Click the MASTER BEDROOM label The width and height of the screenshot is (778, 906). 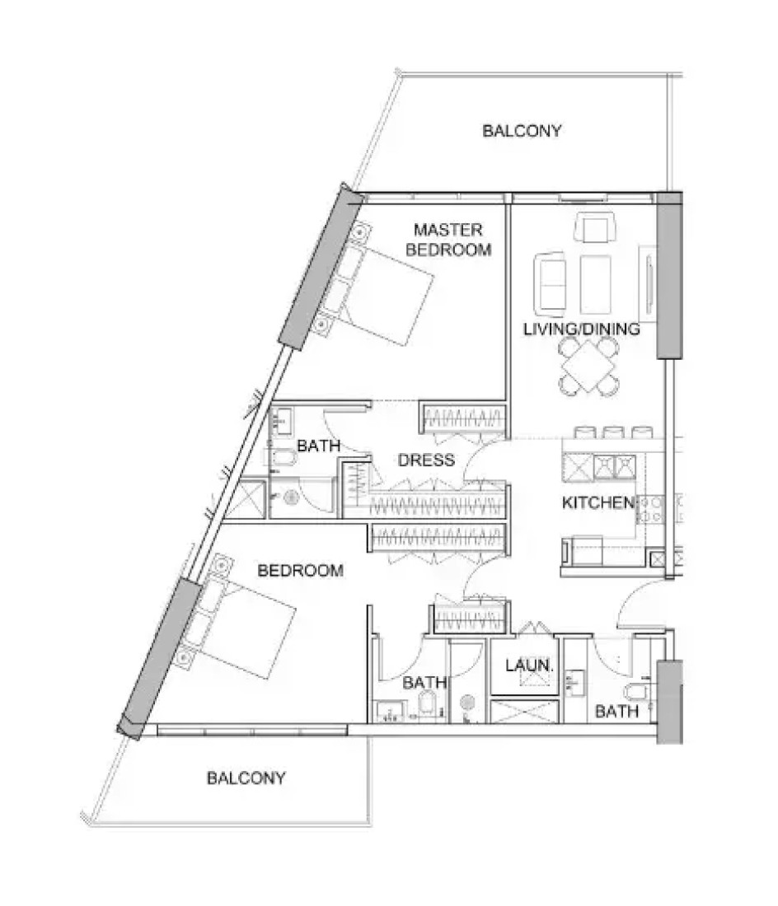coord(448,240)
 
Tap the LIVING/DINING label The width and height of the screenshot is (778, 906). coord(582,329)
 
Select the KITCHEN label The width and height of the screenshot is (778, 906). coord(598,502)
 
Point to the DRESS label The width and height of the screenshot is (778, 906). coord(426,460)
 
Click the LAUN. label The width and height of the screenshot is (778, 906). coord(529,665)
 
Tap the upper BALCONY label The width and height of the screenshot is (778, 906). coord(522,131)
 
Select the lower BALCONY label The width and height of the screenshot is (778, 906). coord(246,778)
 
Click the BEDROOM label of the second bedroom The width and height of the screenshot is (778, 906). coord(300,571)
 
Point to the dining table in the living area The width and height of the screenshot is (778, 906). coord(588,367)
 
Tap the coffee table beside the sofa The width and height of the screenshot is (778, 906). coord(595,284)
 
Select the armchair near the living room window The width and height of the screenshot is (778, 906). coord(595,227)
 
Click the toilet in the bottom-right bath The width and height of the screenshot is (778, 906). coord(635,691)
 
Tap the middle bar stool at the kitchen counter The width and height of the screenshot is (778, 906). coord(613,432)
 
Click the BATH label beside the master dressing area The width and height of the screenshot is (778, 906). coord(318,446)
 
